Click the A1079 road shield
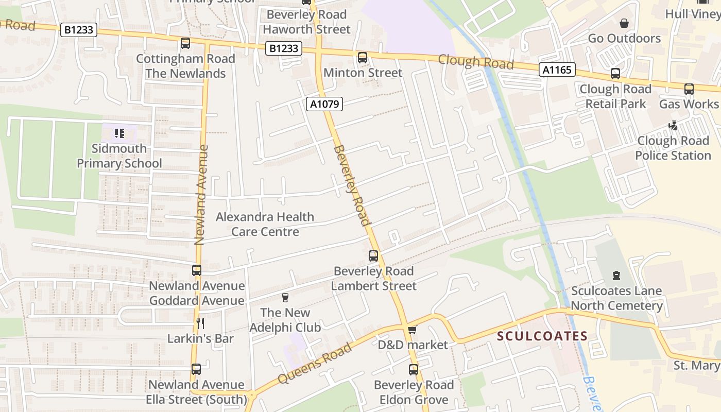coord(324,105)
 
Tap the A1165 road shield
coord(557,70)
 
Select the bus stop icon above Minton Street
coord(363,58)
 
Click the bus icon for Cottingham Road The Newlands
coord(185,44)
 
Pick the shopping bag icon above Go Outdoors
coord(624,23)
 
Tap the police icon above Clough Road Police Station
coord(673,125)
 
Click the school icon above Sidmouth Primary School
coord(119,134)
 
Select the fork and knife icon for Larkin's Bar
coord(200,323)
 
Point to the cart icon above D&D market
coord(412,330)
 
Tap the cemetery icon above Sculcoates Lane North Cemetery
coord(616,276)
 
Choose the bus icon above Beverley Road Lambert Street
coord(373,256)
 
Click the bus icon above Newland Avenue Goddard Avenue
coord(197,270)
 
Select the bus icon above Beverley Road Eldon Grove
coord(414,369)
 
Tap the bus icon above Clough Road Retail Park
coord(615,74)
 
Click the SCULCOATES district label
coord(542,336)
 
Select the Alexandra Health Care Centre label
coord(265,224)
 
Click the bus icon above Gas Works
coord(689,89)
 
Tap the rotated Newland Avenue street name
coord(201,195)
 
